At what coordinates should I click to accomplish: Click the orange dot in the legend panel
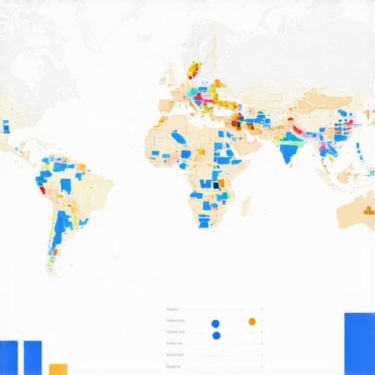pos(252,321)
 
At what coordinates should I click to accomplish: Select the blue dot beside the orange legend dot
pos(215,322)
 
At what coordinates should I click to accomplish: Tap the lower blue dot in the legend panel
pos(215,335)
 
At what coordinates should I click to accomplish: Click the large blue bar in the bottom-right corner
pos(359,344)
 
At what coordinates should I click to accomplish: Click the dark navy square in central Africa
pos(216,185)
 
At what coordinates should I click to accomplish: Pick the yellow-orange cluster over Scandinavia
pos(193,69)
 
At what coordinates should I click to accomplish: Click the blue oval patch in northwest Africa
pos(177,137)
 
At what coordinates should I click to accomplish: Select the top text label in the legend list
pos(173,308)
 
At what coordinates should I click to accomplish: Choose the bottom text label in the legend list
pos(174,365)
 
